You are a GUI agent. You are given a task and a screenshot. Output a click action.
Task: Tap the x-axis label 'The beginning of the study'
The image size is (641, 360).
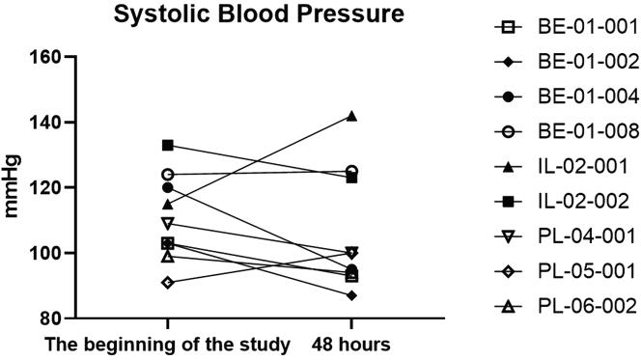point(168,345)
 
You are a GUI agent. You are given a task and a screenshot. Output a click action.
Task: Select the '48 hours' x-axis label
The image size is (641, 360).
point(351,345)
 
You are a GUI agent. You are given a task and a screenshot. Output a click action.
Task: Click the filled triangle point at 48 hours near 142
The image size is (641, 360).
point(351,116)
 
